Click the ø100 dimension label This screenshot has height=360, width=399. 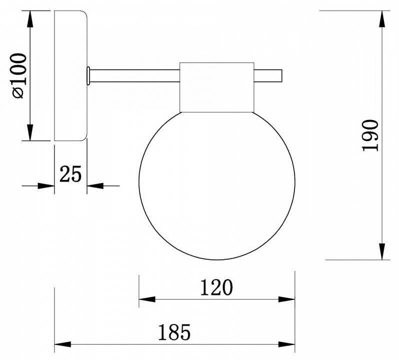click(19, 75)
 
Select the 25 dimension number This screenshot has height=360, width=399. click(70, 174)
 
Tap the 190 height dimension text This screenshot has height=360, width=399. click(370, 135)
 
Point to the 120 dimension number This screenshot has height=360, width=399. click(216, 287)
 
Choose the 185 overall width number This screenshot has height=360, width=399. click(174, 332)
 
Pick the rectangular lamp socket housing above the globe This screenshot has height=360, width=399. click(217, 87)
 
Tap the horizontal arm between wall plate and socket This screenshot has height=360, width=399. click(134, 76)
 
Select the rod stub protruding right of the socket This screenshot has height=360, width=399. click(268, 76)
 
